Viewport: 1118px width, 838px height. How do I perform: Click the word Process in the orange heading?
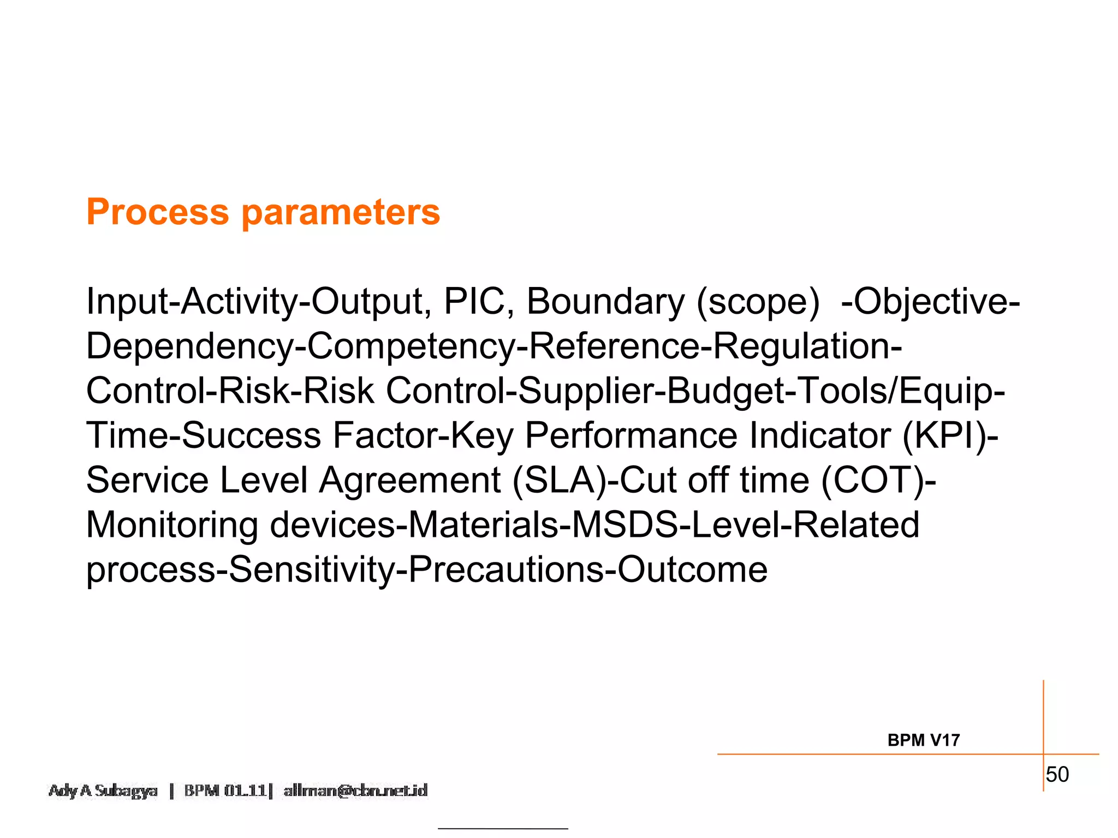pos(158,212)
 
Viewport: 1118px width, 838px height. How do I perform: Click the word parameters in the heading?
pos(341,212)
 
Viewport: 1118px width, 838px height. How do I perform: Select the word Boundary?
pos(605,302)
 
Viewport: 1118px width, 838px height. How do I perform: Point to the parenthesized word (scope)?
pos(758,302)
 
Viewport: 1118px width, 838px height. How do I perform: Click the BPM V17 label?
pos(923,740)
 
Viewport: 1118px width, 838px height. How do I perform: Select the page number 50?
pos(1057,775)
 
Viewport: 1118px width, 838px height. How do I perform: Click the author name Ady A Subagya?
pos(103,791)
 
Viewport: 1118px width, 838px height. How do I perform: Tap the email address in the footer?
pos(355,791)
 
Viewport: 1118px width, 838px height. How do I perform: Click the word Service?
pos(147,481)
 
